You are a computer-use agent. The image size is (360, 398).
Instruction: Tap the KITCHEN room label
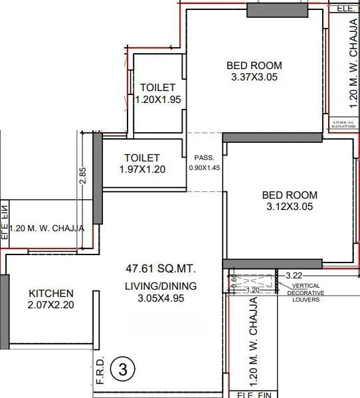50,293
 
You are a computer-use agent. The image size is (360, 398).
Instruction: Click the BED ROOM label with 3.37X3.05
254,66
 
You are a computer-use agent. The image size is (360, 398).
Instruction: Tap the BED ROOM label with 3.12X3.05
290,195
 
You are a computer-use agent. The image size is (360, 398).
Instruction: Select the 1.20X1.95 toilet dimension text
157,100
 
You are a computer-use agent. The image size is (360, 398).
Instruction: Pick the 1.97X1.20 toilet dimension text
141,169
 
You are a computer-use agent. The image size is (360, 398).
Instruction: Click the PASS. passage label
203,158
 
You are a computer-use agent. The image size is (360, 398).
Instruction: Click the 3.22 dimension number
294,274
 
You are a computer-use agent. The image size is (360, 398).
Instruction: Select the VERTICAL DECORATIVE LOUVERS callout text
308,292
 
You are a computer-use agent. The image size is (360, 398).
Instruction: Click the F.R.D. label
100,373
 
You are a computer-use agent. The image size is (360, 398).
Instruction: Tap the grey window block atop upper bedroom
277,9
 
